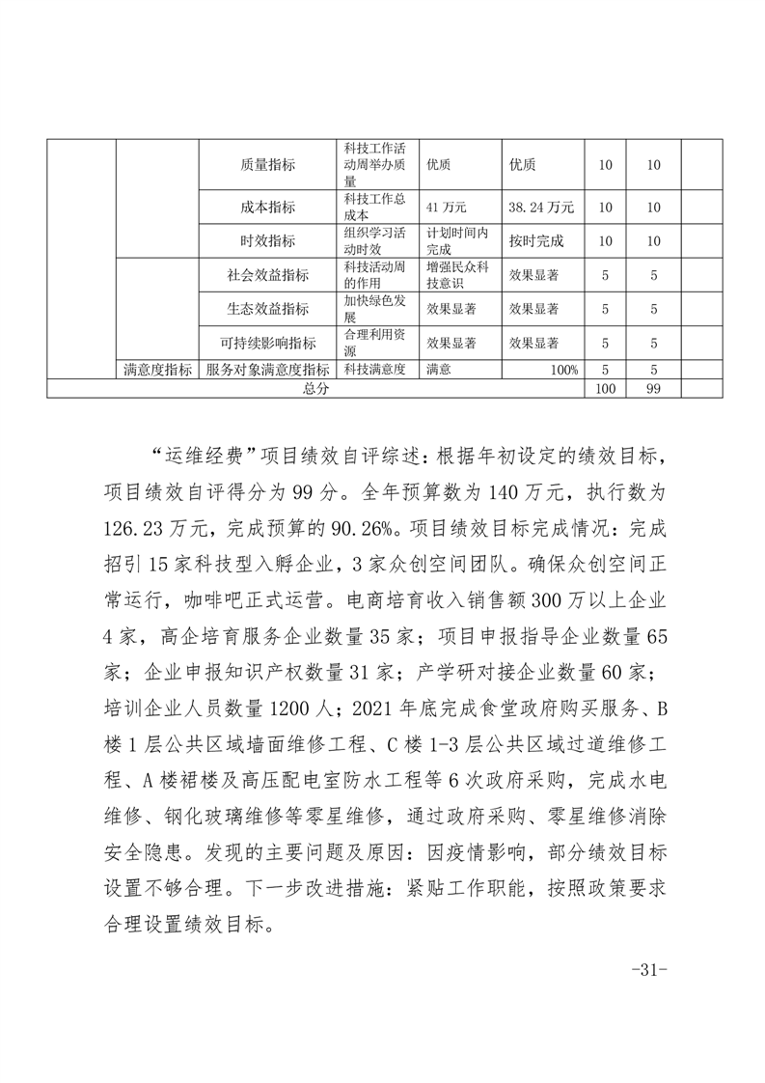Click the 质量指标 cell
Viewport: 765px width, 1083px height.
(267, 165)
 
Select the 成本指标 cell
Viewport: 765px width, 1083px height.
(267, 207)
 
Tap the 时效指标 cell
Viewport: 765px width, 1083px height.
(267, 240)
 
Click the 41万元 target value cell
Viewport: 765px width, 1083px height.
(447, 207)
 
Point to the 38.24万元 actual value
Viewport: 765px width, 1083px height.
(541, 207)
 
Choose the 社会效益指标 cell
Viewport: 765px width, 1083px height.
(267, 274)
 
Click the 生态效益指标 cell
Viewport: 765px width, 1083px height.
(267, 309)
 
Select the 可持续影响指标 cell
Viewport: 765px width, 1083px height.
(267, 343)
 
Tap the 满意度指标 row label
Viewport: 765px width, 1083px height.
(157, 369)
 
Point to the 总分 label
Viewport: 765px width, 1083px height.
(315, 387)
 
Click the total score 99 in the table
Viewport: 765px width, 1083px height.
(653, 387)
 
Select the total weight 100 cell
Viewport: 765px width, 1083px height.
(605, 387)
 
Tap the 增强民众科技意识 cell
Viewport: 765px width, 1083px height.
(459, 274)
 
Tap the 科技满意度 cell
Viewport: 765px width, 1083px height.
(374, 369)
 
